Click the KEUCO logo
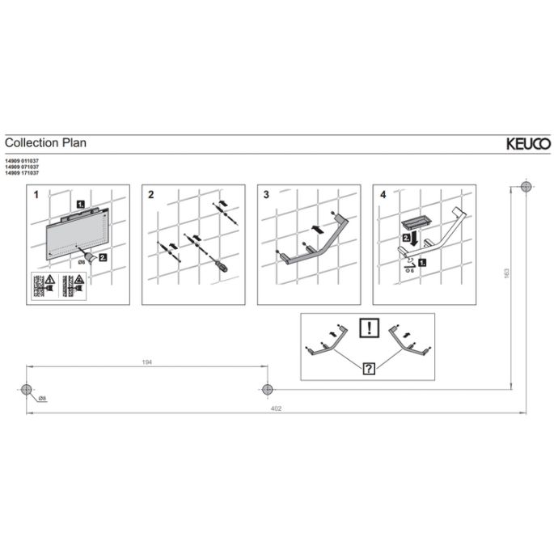coord(528,144)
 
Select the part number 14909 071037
coord(23,168)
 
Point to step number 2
coord(151,195)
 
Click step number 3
coord(266,195)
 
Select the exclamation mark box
coord(368,328)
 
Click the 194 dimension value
coord(146,363)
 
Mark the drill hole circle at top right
coord(527,187)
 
